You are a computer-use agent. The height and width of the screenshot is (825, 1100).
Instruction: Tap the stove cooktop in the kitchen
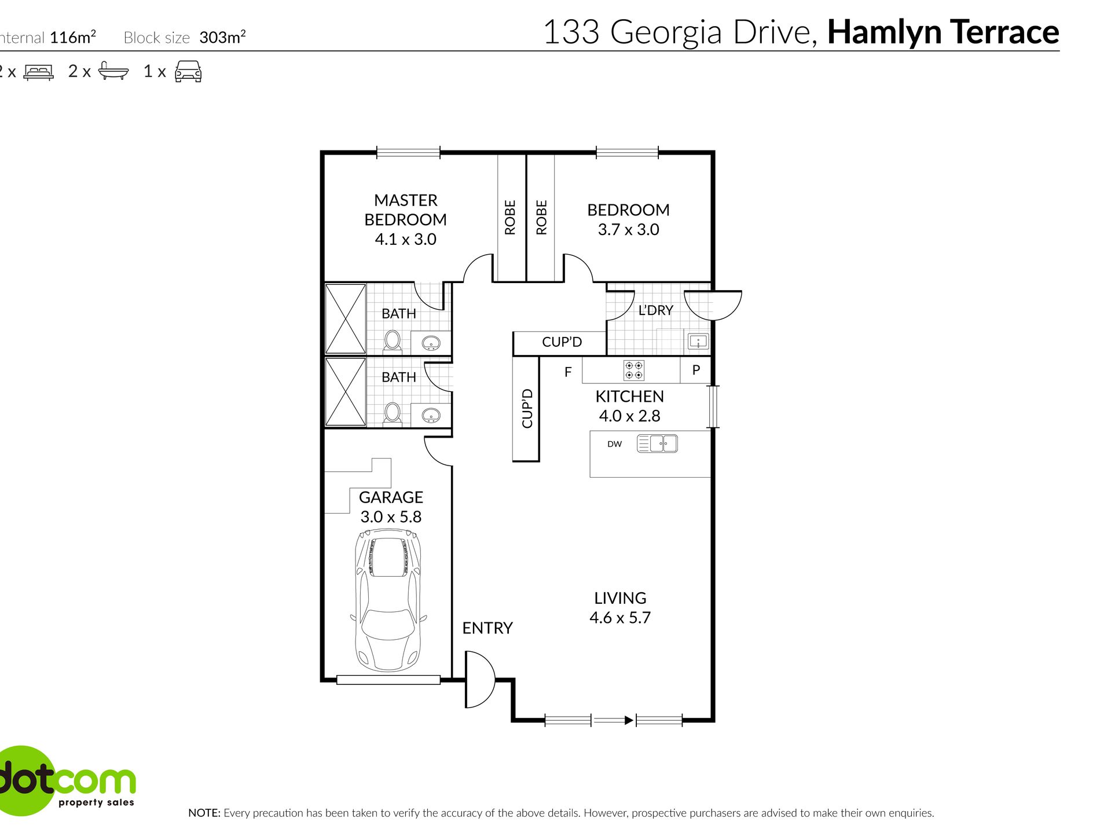click(x=633, y=371)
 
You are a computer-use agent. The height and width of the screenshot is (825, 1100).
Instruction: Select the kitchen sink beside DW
click(x=657, y=444)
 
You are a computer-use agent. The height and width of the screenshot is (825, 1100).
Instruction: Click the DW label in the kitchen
click(x=614, y=445)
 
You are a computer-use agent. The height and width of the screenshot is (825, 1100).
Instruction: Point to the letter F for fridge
click(x=568, y=372)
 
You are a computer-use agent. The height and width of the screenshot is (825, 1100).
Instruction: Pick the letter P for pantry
click(x=696, y=370)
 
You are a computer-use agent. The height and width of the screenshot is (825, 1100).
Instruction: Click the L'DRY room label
click(x=655, y=310)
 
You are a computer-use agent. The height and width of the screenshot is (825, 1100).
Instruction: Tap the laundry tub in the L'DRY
click(x=698, y=341)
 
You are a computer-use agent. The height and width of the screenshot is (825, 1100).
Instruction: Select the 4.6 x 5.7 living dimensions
click(x=620, y=618)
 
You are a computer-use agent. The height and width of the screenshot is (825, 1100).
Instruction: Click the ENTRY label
click(x=487, y=628)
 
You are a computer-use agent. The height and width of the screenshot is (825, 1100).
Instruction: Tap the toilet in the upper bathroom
click(x=393, y=342)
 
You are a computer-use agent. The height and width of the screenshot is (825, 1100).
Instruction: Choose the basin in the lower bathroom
click(x=431, y=415)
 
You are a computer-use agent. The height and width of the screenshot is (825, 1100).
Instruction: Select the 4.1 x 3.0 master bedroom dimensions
click(x=405, y=239)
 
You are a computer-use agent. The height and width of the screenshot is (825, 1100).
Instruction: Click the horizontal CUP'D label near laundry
click(x=562, y=342)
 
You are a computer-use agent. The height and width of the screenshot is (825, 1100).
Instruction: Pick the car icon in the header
click(x=188, y=71)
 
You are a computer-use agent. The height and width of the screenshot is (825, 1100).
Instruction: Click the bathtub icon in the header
click(x=113, y=71)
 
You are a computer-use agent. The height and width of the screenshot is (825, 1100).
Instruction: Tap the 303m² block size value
click(x=223, y=37)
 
